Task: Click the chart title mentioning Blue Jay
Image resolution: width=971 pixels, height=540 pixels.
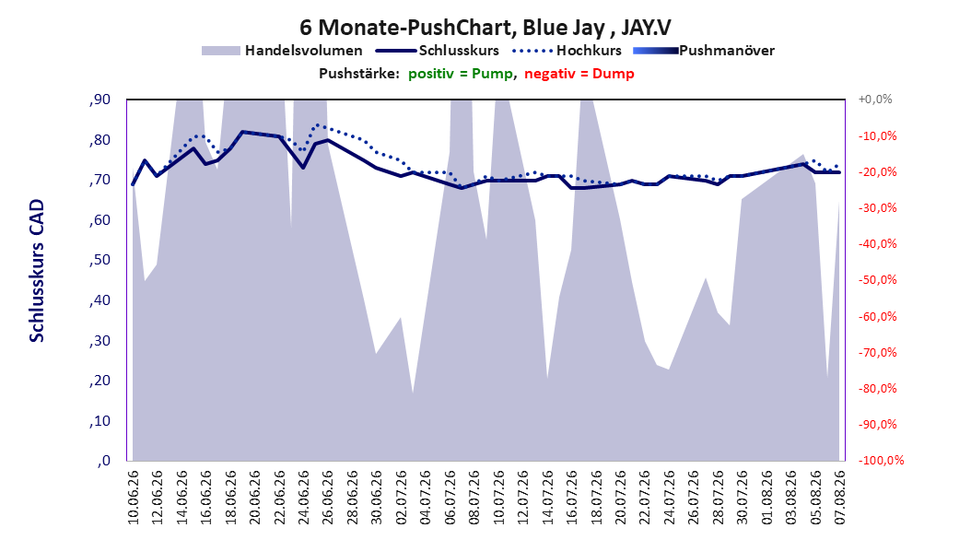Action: click(x=485, y=28)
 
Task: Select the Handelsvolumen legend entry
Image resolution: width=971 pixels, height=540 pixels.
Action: click(x=282, y=51)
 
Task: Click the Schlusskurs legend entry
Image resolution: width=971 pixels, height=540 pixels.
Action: click(x=438, y=51)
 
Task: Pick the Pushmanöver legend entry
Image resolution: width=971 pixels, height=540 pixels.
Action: click(x=704, y=51)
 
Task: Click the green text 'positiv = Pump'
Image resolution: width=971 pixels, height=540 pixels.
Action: click(x=461, y=74)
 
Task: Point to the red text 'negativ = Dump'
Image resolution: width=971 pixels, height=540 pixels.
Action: click(x=579, y=74)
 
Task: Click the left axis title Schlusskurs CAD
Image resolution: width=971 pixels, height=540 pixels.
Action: click(x=37, y=271)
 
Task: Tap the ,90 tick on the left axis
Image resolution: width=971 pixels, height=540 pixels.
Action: click(x=99, y=100)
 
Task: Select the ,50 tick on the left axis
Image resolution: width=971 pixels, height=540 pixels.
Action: click(x=99, y=260)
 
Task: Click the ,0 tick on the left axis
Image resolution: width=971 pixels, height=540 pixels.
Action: click(x=103, y=461)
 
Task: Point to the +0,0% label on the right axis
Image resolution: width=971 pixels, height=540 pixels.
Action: click(x=875, y=100)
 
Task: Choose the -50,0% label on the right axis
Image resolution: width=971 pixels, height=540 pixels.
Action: click(x=877, y=280)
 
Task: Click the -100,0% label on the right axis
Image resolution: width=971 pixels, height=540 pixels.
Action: click(x=881, y=460)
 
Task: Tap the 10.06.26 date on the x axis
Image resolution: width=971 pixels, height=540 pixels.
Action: click(x=134, y=498)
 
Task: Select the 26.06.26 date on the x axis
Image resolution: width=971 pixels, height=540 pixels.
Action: click(x=328, y=498)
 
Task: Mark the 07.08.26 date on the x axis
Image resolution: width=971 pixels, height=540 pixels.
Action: click(x=839, y=498)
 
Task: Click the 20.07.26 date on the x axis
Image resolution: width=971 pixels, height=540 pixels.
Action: click(x=621, y=498)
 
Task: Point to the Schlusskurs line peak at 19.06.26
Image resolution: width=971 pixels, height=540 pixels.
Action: click(x=242, y=132)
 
